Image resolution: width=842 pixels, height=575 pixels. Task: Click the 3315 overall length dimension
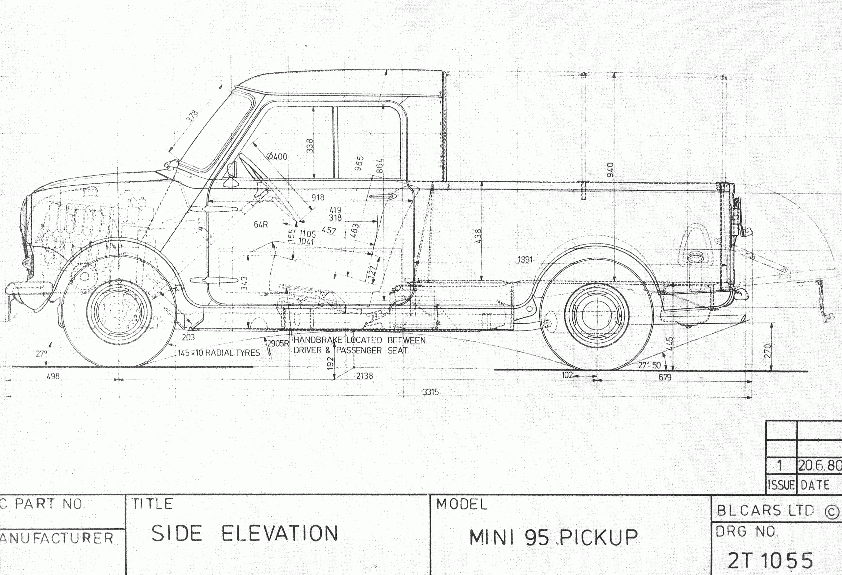pos(431,392)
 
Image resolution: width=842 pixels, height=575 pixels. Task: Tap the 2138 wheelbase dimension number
pos(364,376)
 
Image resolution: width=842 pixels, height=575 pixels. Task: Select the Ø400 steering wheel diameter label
pos(277,157)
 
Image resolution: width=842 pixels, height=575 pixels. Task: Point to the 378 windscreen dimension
pos(193,116)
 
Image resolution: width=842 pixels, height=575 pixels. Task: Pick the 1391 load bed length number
pos(525,260)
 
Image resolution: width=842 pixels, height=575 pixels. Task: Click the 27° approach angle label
pos(41,353)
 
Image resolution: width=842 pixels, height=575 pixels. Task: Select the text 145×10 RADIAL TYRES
pos(218,353)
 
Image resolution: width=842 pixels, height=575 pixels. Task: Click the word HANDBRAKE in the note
pos(317,340)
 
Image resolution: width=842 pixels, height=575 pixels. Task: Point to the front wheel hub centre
pos(118,313)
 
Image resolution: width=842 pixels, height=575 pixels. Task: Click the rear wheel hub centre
pos(597,314)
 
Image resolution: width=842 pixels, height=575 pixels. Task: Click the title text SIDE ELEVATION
pos(245,534)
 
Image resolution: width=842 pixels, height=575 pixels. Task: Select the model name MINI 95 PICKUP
pos(553,537)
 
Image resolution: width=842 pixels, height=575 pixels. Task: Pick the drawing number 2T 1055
pos(770,561)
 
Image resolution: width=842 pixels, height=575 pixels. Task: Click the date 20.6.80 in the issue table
pos(820,465)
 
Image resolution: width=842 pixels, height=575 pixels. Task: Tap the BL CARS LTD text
pos(766,511)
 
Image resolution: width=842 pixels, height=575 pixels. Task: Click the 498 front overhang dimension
pos(53,376)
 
